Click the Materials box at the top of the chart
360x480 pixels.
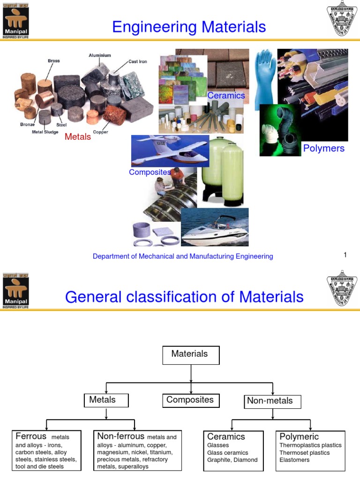191,355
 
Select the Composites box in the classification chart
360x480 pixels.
190,400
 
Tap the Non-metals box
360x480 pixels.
273,401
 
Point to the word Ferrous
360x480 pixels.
31,436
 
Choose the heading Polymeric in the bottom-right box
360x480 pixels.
299,436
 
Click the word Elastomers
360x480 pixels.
294,460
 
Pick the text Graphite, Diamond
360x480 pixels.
232,460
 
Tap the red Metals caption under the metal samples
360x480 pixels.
78,136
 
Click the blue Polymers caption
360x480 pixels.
323,149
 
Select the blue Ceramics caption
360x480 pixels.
226,96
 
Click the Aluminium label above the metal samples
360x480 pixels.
100,55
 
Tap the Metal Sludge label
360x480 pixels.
45,132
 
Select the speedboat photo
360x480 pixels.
215,227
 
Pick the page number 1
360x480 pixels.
345,255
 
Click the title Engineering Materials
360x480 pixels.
189,27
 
